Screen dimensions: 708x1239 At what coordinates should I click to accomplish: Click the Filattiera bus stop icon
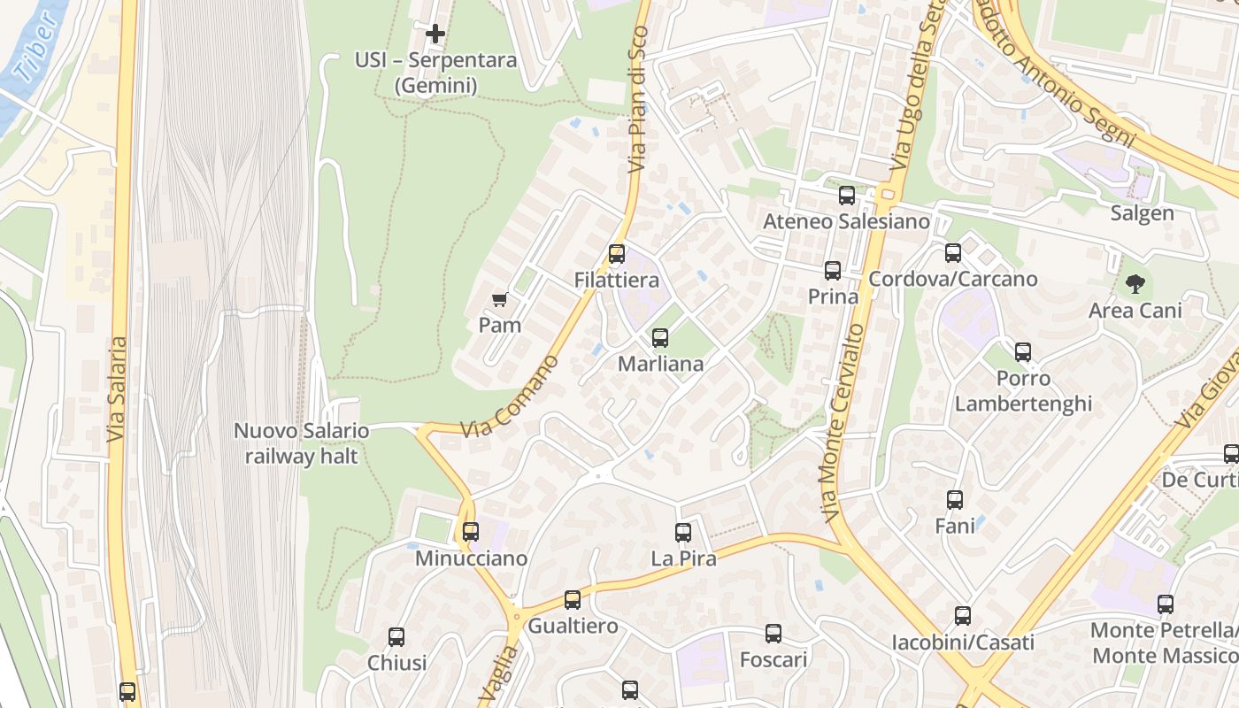[617, 254]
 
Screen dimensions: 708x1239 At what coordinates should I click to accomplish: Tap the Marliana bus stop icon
[659, 337]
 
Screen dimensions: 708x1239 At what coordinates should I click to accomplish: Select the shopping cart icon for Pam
[499, 299]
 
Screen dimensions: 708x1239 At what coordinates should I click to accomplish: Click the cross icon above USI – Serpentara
[435, 34]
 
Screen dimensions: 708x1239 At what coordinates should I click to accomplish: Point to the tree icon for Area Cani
[1135, 284]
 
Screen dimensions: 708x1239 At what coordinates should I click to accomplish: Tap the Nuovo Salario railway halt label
[301, 443]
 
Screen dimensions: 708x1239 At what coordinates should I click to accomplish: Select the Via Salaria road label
[117, 389]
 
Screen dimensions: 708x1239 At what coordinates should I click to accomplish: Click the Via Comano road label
[511, 397]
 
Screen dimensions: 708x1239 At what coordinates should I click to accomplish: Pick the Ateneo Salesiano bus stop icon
[847, 196]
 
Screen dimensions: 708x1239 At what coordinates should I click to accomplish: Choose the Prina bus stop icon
[833, 271]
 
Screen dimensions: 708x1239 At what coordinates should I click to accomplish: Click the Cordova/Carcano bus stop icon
[953, 253]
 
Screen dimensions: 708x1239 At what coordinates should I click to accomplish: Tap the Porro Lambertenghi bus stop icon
[1023, 352]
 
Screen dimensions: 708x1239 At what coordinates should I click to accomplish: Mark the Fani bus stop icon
[955, 500]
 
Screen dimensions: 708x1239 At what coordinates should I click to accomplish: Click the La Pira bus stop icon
[683, 533]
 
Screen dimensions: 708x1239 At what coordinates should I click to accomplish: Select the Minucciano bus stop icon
[471, 532]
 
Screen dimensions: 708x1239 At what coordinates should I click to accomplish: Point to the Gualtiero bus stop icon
[573, 600]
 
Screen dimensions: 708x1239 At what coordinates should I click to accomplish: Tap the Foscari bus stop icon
[773, 634]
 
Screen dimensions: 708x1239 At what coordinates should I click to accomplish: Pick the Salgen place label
[1143, 213]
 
